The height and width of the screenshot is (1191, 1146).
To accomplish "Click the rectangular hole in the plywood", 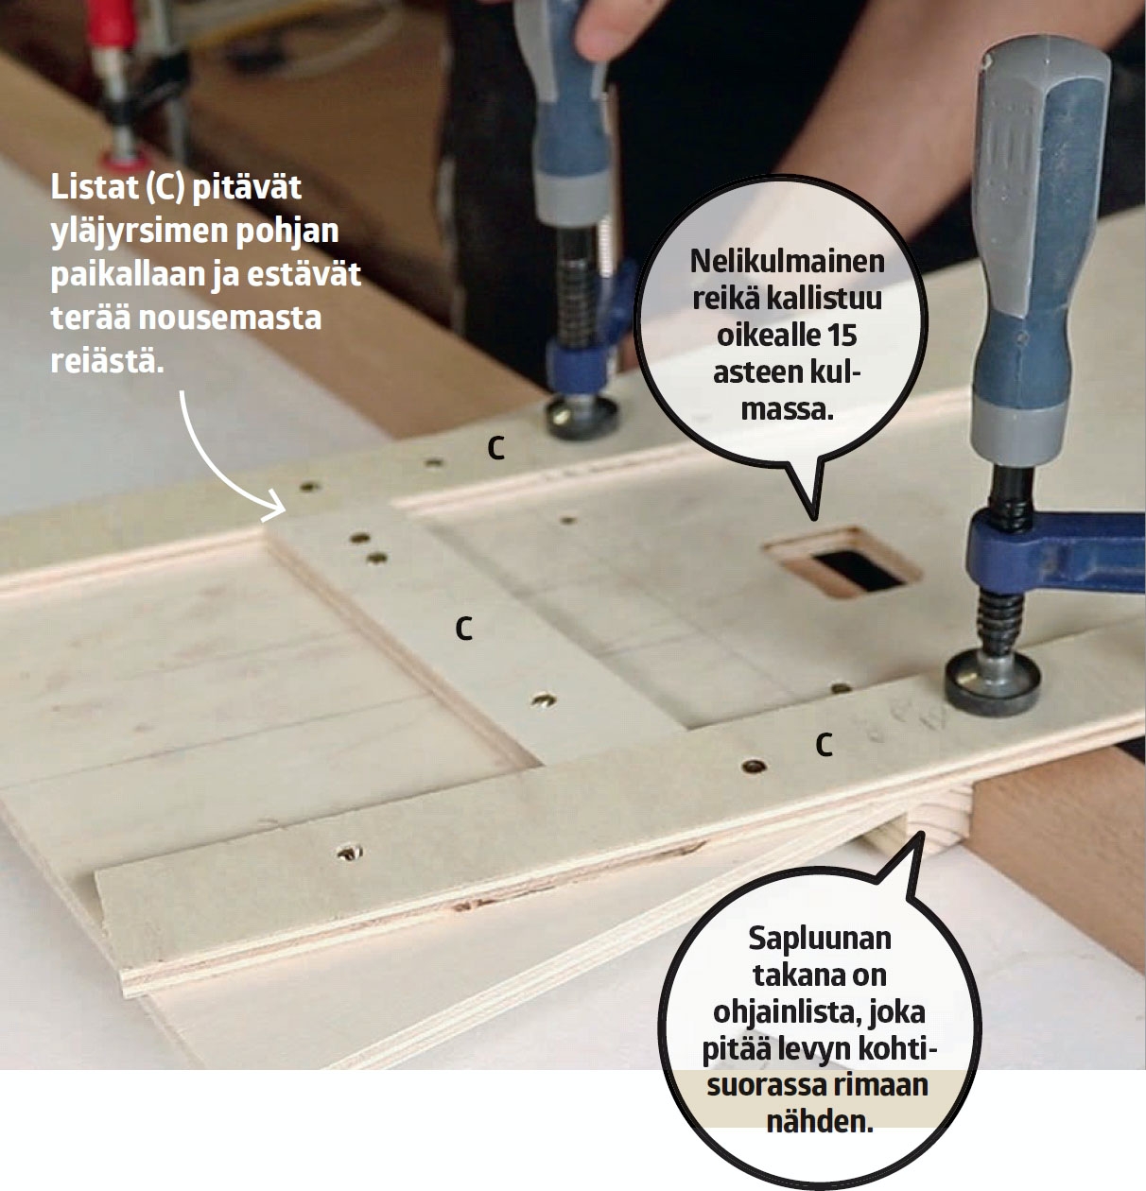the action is point(842,561).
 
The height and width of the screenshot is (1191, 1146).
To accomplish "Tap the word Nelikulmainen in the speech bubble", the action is point(788,262).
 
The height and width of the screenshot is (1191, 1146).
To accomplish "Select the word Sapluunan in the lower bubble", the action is point(819,939).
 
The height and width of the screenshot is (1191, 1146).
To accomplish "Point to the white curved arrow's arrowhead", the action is point(274,508).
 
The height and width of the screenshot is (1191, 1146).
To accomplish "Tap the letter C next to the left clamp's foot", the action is point(495,449).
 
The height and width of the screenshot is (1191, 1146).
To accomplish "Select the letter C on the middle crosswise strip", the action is point(464,630).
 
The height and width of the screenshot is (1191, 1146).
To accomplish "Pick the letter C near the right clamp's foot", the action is point(824,745).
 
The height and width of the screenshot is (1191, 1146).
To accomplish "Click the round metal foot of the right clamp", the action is point(992,682).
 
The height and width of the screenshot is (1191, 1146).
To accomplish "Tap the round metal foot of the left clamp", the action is point(582,417).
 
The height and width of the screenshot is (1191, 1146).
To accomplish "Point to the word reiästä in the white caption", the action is point(107,361).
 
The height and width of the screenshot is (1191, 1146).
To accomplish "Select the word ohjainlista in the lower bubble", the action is point(787,1013).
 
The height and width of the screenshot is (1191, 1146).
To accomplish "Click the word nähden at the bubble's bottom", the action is point(820,1122).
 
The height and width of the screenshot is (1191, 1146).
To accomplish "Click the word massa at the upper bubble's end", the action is point(788,410).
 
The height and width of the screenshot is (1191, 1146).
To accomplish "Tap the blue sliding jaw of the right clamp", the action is point(1054,551).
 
